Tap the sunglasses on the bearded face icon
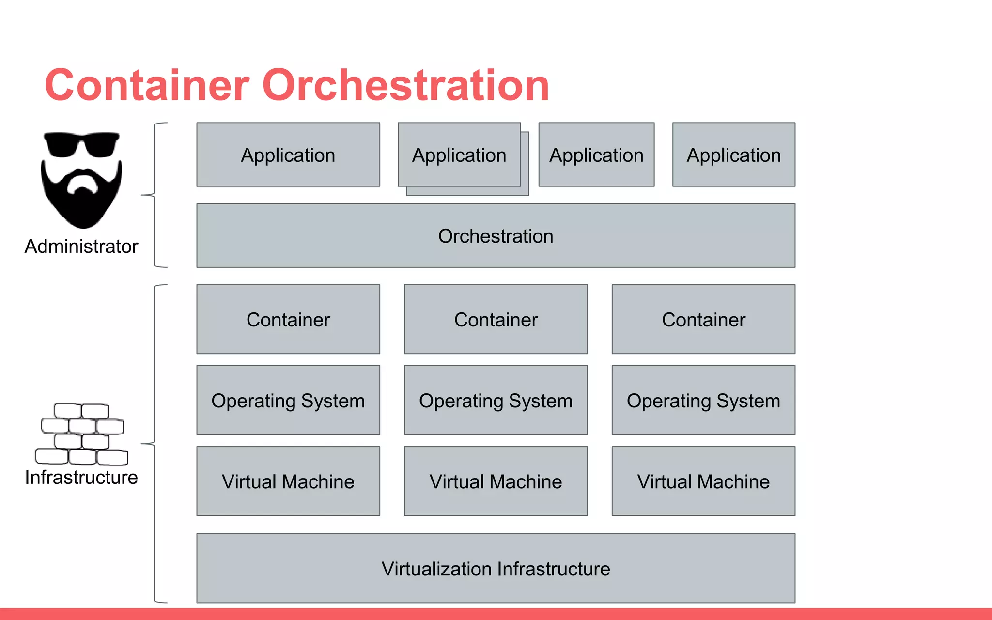pyautogui.click(x=81, y=144)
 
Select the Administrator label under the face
pyautogui.click(x=81, y=247)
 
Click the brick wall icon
pyautogui.click(x=81, y=434)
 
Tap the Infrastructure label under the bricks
pyautogui.click(x=81, y=478)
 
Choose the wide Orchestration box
pyautogui.click(x=496, y=236)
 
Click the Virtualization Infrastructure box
pyautogui.click(x=496, y=568)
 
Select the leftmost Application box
pyautogui.click(x=288, y=155)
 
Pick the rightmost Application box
pyautogui.click(x=733, y=155)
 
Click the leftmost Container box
pyautogui.click(x=288, y=320)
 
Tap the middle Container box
pyautogui.click(x=496, y=320)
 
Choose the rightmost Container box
pyautogui.click(x=703, y=320)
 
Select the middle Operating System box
pyautogui.click(x=496, y=401)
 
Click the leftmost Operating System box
pyautogui.click(x=288, y=401)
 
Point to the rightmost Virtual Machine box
pyautogui.click(x=703, y=481)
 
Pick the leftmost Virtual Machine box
pyautogui.click(x=288, y=481)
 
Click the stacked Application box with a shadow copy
pyautogui.click(x=459, y=155)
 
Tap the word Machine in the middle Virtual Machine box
pyautogui.click(x=526, y=482)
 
